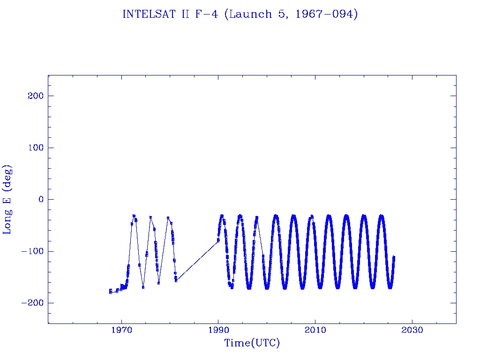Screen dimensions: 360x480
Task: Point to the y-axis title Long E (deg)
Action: coord(7,199)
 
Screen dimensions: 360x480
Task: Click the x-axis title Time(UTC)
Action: coord(252,343)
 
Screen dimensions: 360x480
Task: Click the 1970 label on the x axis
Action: coord(122,330)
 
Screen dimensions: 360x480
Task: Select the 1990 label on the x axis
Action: coord(218,330)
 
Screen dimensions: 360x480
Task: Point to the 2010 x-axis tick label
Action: coord(315,330)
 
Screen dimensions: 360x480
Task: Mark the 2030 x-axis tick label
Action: coord(412,330)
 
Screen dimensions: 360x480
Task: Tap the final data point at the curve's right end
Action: coord(394,257)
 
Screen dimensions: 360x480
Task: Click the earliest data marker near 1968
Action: coord(111,292)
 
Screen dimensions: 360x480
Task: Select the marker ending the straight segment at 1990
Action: coord(218,240)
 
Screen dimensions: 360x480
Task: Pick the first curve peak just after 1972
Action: coord(134,216)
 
